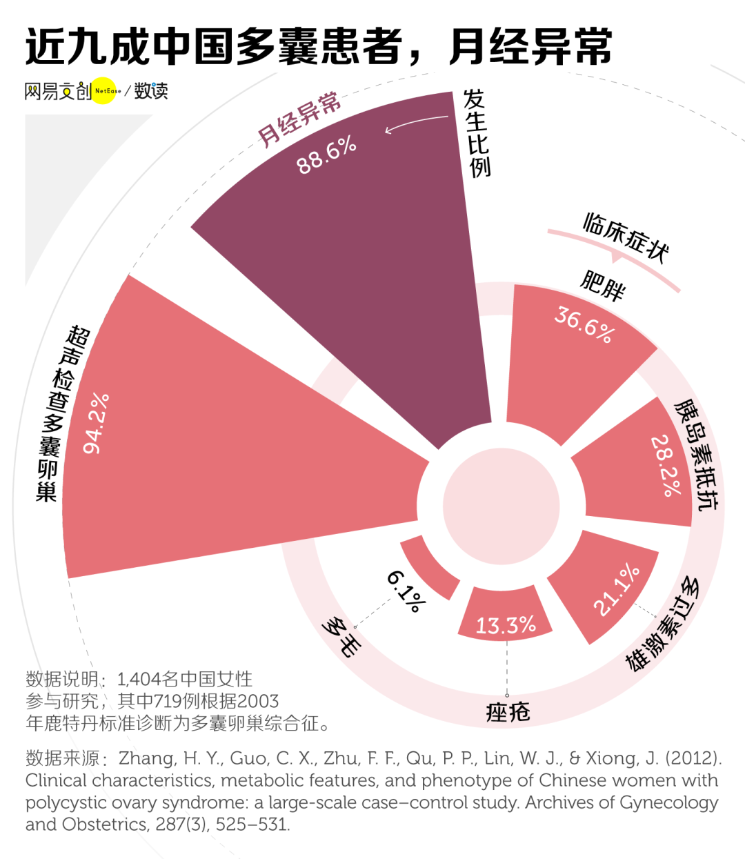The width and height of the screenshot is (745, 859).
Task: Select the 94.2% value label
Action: (97, 424)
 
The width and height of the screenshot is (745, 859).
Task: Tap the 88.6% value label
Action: (326, 155)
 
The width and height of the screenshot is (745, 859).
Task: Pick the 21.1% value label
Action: (617, 589)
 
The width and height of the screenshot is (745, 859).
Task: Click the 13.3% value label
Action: (506, 625)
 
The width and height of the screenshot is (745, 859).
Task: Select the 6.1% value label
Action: (406, 591)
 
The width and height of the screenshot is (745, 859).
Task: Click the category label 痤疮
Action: (508, 711)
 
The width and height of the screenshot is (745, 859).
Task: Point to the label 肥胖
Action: (603, 284)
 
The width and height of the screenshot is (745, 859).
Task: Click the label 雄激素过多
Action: (662, 624)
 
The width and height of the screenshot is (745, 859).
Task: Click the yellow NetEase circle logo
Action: (106, 90)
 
